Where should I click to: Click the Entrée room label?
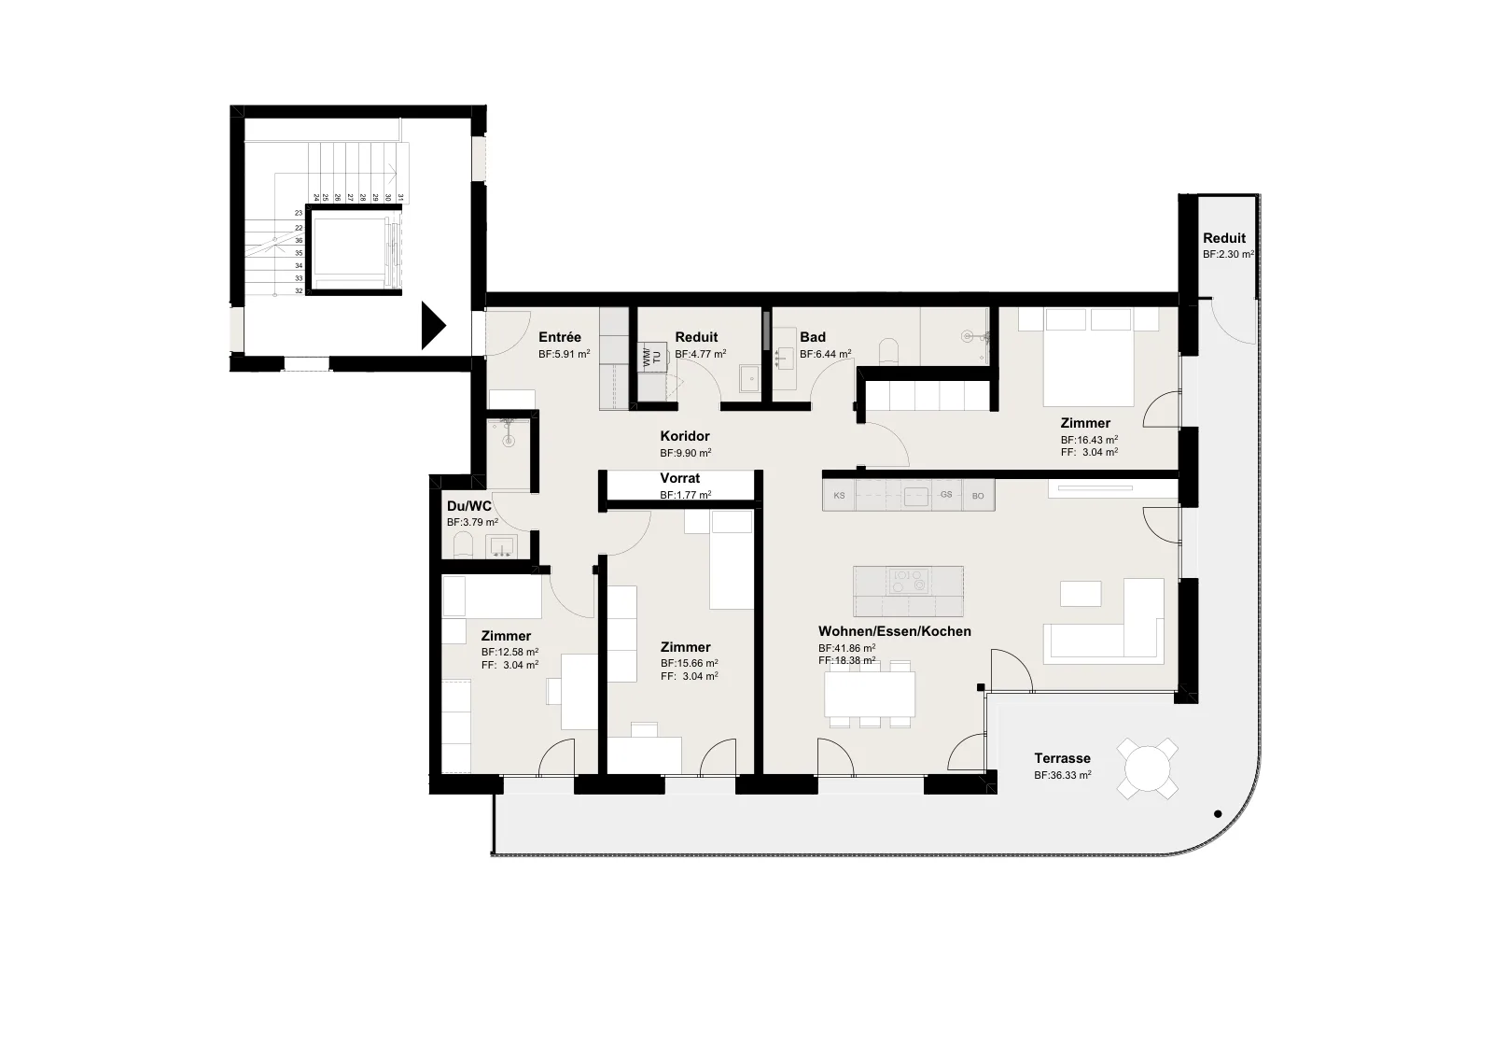(559, 337)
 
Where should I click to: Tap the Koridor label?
(685, 436)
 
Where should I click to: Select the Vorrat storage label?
(680, 478)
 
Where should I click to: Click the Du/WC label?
(468, 506)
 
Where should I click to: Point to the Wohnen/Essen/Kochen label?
(895, 631)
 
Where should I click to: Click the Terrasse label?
(1062, 758)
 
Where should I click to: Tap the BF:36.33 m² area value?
(1062, 776)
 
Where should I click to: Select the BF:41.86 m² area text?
(846, 648)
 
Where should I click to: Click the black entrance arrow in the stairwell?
(433, 326)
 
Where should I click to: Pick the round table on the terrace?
(1147, 768)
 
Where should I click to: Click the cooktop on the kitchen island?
(909, 581)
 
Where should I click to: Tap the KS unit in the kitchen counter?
(839, 496)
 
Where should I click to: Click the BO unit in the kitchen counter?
(978, 496)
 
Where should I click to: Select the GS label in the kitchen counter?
(946, 495)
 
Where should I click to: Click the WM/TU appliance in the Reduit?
(652, 357)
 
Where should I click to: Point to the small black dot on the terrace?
(1218, 813)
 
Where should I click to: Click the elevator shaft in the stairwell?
(354, 250)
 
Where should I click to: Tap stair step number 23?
(300, 214)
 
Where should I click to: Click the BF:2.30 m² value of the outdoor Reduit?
(1228, 255)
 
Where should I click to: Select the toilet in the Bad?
(889, 352)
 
